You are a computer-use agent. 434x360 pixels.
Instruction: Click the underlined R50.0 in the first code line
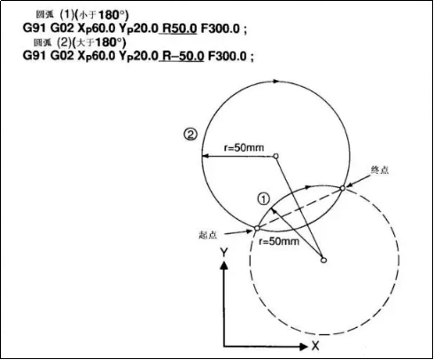(180, 28)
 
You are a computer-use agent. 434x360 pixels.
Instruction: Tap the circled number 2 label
(190, 135)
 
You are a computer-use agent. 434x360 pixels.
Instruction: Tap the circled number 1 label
(264, 199)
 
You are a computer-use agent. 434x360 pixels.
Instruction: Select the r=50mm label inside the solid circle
(244, 147)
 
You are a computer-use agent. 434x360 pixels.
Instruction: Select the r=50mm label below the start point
(279, 241)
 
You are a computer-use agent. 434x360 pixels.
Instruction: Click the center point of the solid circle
(275, 156)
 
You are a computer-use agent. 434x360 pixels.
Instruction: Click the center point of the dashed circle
(323, 260)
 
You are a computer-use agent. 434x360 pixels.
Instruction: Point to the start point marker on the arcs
(257, 228)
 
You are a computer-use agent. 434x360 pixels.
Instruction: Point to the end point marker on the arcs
(343, 188)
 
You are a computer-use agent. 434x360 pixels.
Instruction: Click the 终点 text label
(380, 170)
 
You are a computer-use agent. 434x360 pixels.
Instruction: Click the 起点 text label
(208, 235)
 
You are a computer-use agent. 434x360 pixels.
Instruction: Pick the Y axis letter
(224, 253)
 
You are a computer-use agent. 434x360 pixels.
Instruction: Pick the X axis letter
(315, 346)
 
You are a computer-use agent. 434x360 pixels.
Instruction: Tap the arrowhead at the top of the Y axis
(224, 266)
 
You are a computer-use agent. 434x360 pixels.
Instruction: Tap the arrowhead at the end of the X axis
(303, 347)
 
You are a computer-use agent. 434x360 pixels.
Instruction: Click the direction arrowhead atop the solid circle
(275, 81)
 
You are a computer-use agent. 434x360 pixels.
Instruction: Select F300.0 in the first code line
(221, 28)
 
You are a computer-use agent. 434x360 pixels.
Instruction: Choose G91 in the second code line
(35, 56)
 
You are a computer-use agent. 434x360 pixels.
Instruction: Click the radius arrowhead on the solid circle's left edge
(206, 156)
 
